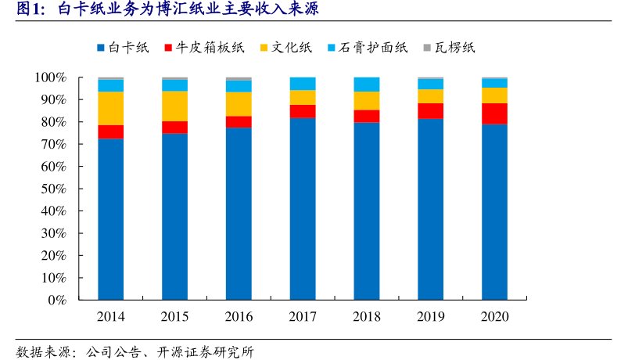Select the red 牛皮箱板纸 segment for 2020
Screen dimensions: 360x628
pyautogui.click(x=494, y=113)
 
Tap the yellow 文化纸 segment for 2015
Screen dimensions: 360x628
pyautogui.click(x=175, y=106)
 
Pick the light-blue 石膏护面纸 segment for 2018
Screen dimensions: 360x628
pyautogui.click(x=367, y=85)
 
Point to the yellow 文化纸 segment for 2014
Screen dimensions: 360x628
pyautogui.click(x=111, y=108)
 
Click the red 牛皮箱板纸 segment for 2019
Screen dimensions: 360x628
pyautogui.click(x=430, y=110)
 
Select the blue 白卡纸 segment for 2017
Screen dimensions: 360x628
pyautogui.click(x=303, y=208)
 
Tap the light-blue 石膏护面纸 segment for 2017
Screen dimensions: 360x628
pyautogui.click(x=303, y=84)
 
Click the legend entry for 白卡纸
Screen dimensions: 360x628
pyautogui.click(x=123, y=49)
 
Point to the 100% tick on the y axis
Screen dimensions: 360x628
pyautogui.click(x=52, y=77)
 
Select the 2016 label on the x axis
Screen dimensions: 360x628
pyautogui.click(x=239, y=317)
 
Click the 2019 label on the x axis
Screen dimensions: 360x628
pyautogui.click(x=430, y=317)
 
